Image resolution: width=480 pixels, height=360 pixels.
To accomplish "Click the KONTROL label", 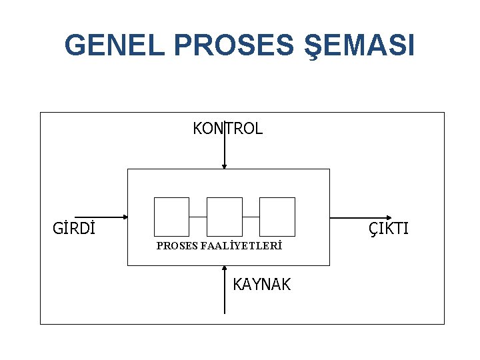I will point(228,129).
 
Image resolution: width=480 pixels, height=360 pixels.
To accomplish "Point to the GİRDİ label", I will point(73,229).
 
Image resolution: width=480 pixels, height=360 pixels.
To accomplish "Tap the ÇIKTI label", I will point(389,229).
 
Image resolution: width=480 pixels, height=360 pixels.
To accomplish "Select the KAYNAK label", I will point(261,285).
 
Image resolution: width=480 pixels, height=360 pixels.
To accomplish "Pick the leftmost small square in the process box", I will point(171,217).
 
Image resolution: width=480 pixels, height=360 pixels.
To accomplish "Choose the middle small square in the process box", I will point(225,217).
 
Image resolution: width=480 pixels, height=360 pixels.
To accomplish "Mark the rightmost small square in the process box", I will point(277,217).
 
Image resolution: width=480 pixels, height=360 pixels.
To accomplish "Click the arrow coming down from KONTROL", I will point(225,150).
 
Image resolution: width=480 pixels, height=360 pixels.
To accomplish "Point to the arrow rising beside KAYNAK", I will point(225,293).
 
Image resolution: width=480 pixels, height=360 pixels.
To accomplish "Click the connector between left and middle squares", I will point(198,217).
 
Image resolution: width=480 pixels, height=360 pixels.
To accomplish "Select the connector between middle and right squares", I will point(251,217).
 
